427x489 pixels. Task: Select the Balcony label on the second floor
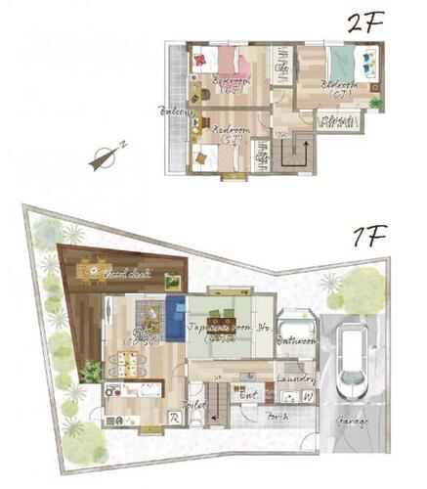[176, 111]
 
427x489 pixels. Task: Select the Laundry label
[294, 378]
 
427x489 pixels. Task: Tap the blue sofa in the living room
[175, 319]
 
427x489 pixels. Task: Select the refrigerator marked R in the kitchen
[173, 418]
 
